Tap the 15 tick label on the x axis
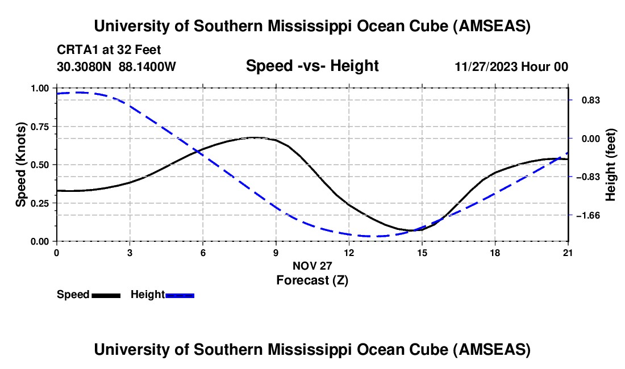click(422, 253)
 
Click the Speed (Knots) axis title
click(21, 165)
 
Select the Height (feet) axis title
click(611, 165)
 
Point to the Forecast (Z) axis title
click(312, 280)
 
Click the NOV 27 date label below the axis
click(312, 266)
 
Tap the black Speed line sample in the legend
click(106, 295)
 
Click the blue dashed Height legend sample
click(180, 295)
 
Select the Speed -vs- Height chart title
click(312, 66)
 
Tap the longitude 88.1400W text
click(148, 66)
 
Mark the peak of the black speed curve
click(254, 137)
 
